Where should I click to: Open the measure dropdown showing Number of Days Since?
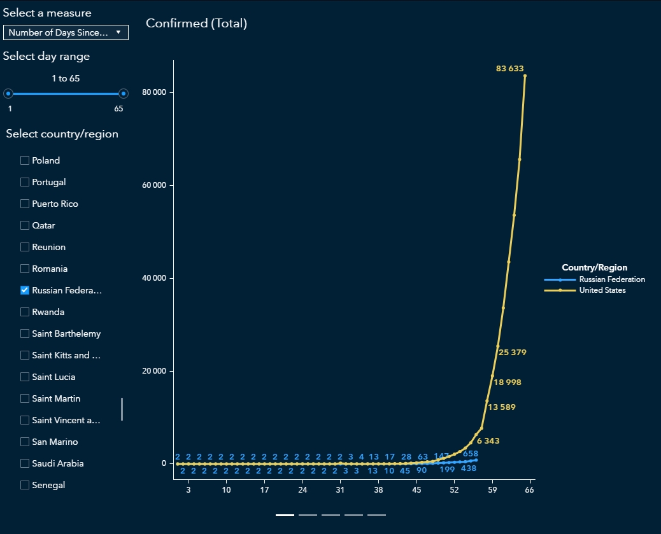(66, 32)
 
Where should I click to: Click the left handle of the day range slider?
(8, 94)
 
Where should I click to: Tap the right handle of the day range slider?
(124, 94)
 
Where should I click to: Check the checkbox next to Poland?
(25, 160)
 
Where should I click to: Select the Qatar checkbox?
(25, 225)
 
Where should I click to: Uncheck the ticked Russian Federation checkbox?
(25, 290)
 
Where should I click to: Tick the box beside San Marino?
(25, 442)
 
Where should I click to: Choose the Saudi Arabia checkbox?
(25, 463)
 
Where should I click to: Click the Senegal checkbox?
(25, 485)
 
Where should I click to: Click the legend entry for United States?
(602, 290)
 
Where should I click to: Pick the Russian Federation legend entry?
(611, 279)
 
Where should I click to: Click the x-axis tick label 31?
(340, 490)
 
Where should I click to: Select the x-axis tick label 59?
(492, 490)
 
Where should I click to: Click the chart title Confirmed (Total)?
(196, 24)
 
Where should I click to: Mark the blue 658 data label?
(470, 454)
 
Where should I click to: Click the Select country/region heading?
(62, 134)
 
